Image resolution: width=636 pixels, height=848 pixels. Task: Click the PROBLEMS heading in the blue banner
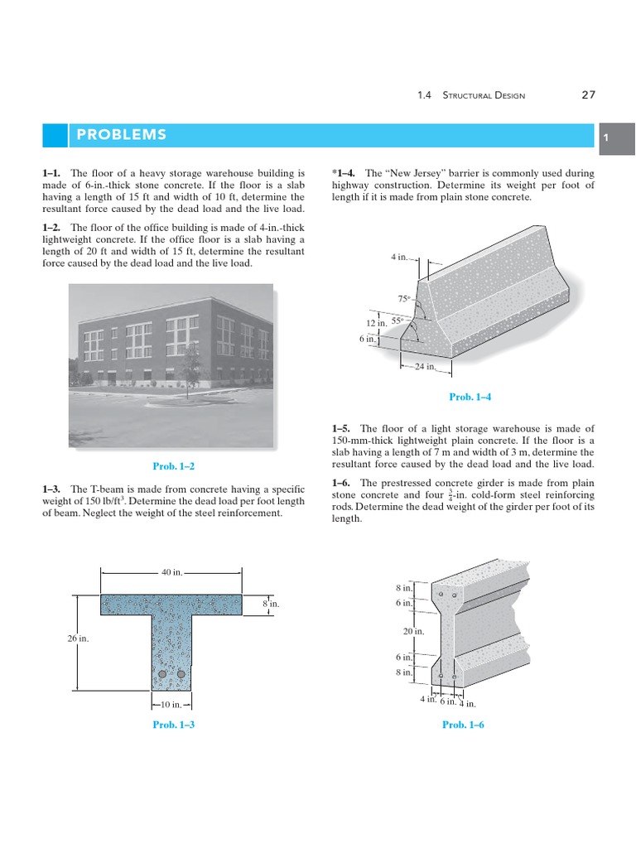click(x=121, y=135)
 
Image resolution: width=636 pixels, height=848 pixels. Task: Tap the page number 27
click(x=588, y=95)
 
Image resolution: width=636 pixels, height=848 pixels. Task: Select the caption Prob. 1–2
click(x=175, y=466)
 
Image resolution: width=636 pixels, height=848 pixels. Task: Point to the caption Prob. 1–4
click(x=470, y=397)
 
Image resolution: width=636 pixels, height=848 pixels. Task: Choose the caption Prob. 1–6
click(x=463, y=725)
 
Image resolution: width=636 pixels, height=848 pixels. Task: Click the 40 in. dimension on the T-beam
click(x=171, y=572)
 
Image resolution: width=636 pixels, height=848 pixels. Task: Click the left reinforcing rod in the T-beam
click(x=163, y=675)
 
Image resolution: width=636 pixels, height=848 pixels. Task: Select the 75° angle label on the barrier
click(x=404, y=298)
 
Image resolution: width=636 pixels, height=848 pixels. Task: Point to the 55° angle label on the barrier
click(x=397, y=320)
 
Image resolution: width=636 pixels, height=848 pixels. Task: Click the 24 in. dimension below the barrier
click(x=425, y=367)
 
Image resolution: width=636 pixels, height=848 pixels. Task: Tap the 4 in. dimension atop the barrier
click(x=399, y=258)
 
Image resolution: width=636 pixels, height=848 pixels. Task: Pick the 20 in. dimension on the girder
click(x=413, y=630)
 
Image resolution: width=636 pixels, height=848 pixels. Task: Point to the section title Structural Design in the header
click(x=484, y=96)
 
